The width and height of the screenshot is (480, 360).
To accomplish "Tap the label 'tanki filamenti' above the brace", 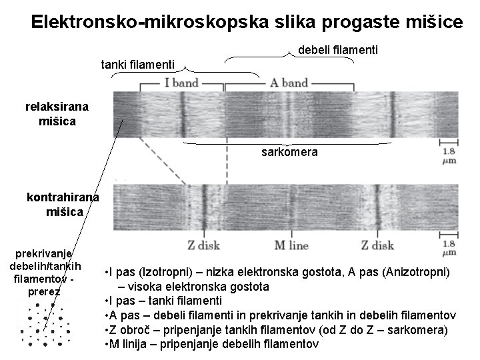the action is [x=138, y=65].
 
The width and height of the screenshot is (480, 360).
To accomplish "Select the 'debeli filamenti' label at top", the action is [x=338, y=50].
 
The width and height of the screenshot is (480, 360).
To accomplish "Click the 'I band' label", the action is [x=181, y=83].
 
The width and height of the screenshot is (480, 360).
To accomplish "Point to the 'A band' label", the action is [x=289, y=83].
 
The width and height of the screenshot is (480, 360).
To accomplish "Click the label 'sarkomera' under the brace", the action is [x=289, y=152].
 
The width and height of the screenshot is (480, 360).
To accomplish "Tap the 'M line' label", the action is [x=291, y=245].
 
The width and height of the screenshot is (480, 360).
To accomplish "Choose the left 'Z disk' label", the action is [x=203, y=245].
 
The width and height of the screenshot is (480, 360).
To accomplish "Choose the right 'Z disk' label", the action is [x=377, y=245].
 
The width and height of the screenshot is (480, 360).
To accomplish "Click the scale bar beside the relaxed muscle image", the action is [x=449, y=142].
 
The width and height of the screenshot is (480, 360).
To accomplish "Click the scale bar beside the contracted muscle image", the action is [x=449, y=235].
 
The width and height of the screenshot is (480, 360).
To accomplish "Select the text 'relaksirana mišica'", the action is [x=57, y=114].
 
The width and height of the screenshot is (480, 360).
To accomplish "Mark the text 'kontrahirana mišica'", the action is [x=63, y=205].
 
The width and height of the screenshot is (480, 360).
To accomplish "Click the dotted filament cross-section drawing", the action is [x=45, y=325].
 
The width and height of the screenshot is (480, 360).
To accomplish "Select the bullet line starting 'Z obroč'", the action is [x=276, y=330].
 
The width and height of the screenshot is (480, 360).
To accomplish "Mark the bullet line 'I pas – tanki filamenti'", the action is [x=163, y=301].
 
